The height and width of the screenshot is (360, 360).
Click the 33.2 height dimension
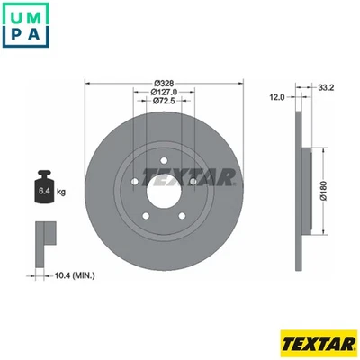327,87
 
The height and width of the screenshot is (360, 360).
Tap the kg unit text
61,192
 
